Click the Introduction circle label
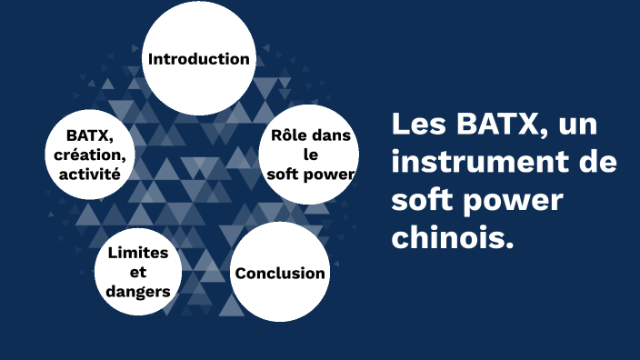pyautogui.click(x=198, y=59)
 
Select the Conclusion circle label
pyautogui.click(x=280, y=273)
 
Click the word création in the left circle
pyautogui.click(x=92, y=154)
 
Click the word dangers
pyautogui.click(x=138, y=291)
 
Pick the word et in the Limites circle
pyautogui.click(x=138, y=272)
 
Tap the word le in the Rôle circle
pyautogui.click(x=310, y=154)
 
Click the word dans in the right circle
pyautogui.click(x=331, y=136)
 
